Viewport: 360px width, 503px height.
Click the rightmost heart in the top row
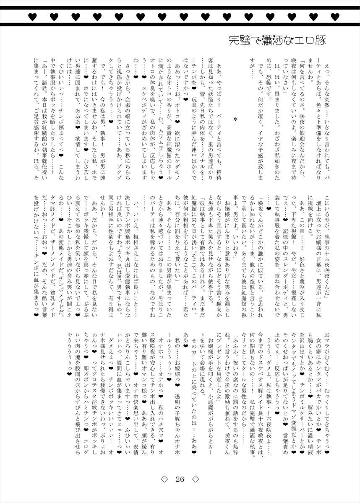click(x=334, y=17)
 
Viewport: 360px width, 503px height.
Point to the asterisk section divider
click(x=235, y=120)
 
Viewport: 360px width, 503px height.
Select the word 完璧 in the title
click(x=238, y=41)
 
